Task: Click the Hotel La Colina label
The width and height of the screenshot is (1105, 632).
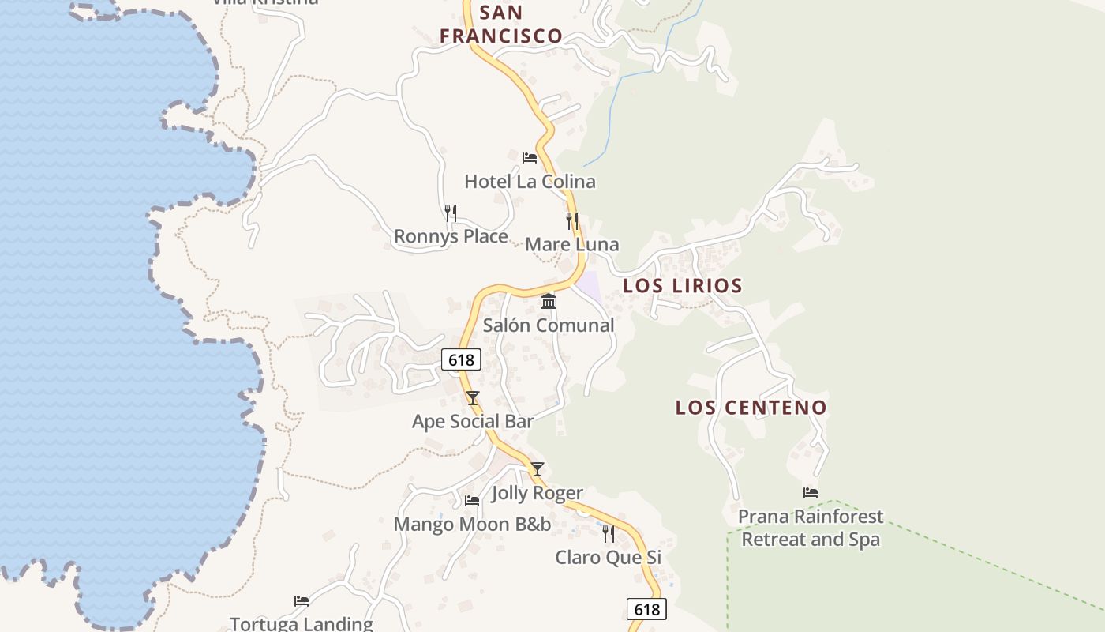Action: point(530,182)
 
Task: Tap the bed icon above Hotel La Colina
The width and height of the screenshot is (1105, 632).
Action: point(530,158)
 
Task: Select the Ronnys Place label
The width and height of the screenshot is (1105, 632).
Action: point(451,236)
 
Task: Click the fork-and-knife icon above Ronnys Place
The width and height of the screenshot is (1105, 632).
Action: point(451,213)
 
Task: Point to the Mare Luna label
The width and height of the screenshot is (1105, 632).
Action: point(572,244)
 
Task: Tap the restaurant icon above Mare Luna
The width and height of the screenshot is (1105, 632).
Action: point(572,221)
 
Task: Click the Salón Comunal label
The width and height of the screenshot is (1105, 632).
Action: point(549,325)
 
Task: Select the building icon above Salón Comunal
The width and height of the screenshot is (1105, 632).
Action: point(549,301)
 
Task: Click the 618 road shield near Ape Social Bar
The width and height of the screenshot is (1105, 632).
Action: point(461,360)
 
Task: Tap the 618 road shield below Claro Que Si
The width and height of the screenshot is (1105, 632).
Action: point(646,609)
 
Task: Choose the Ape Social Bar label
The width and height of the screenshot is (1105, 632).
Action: point(473,422)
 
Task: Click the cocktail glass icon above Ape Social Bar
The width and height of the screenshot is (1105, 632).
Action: point(473,398)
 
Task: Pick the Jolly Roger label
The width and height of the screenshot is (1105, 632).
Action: point(538,493)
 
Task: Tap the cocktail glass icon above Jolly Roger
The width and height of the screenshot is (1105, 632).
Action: point(538,469)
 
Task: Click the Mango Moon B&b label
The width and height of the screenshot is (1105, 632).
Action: point(472,524)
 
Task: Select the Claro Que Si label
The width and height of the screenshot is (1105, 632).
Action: point(608,557)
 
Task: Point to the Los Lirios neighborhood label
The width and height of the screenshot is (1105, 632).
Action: point(683,285)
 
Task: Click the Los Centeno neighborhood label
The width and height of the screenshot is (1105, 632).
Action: point(751,408)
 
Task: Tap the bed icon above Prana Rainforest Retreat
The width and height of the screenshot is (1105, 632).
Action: point(811,493)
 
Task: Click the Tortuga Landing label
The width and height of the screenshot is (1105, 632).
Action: point(301,623)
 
